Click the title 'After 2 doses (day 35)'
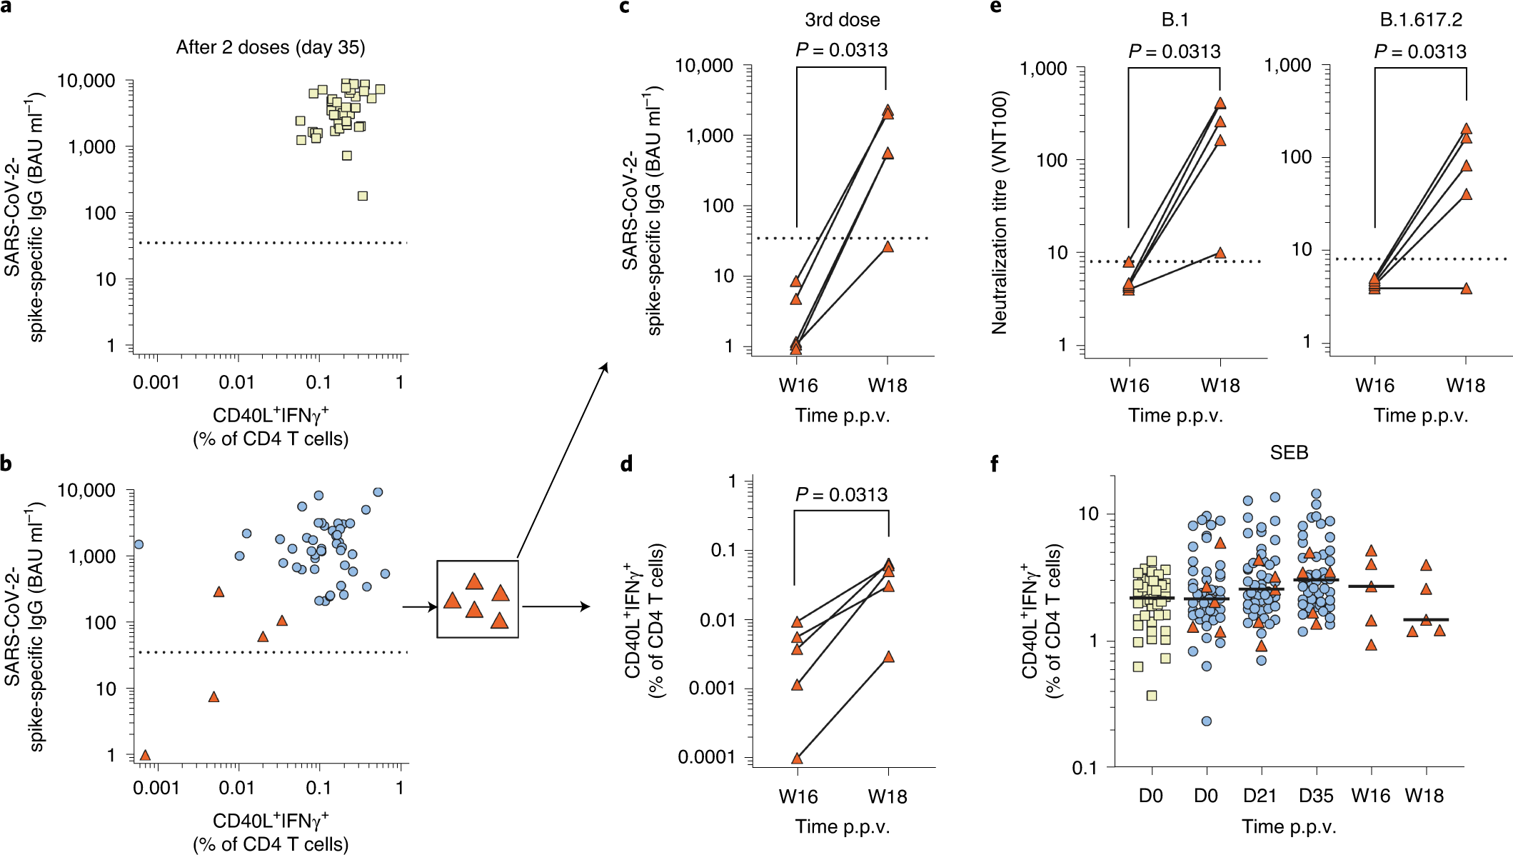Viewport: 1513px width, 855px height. pos(271,48)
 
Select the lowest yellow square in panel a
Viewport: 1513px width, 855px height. pos(363,196)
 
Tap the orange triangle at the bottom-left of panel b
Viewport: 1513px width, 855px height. pos(145,755)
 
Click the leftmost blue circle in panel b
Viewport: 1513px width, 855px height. pos(139,544)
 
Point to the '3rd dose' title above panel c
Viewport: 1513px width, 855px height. pos(842,20)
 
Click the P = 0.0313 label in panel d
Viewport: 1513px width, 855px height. pos(841,494)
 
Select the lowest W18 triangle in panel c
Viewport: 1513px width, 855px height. pos(888,246)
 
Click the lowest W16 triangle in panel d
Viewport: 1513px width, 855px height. pos(798,758)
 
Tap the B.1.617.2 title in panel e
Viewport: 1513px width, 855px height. pos(1421,20)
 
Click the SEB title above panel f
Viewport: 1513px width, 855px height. pos(1289,453)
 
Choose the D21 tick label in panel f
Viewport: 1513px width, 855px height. pos(1260,796)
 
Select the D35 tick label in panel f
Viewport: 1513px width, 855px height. pos(1315,796)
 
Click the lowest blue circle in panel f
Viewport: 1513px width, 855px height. pos(1206,721)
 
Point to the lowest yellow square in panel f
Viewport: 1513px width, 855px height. pos(1151,695)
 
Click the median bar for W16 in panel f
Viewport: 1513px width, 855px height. pos(1371,586)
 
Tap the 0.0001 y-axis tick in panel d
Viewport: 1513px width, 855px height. pos(707,757)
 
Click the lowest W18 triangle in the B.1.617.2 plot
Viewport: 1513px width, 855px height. pos(1466,289)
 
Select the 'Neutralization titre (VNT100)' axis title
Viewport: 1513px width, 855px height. pos(999,213)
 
